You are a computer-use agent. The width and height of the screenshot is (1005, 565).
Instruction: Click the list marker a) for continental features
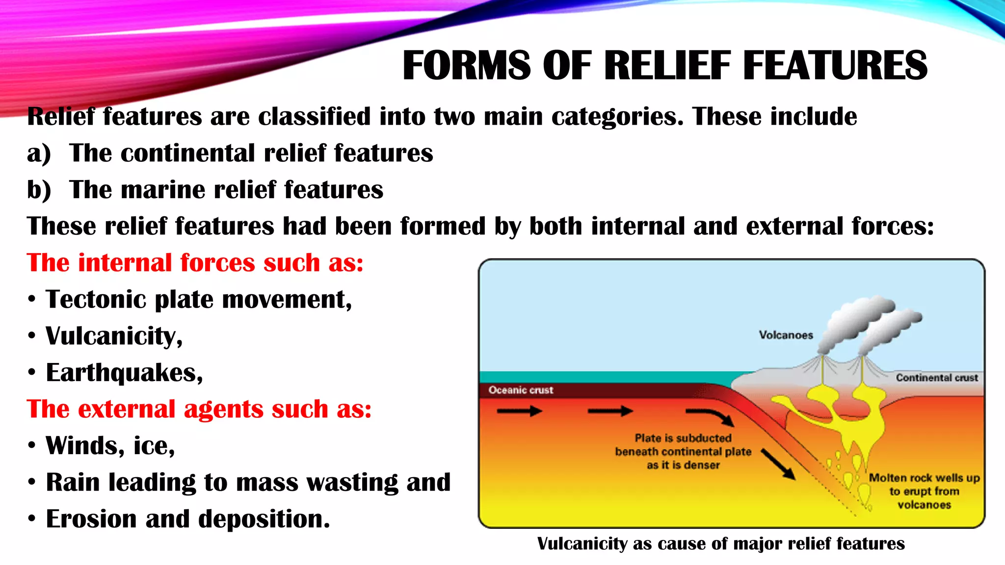click(39, 154)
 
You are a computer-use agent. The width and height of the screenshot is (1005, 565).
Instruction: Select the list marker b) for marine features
click(39, 190)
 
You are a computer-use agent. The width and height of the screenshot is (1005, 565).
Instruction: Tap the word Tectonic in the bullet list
click(96, 299)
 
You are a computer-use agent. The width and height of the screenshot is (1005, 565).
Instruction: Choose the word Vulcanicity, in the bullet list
click(114, 336)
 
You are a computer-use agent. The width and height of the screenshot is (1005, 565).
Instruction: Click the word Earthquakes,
click(124, 373)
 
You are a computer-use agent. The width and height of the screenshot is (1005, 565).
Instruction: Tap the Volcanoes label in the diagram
click(786, 335)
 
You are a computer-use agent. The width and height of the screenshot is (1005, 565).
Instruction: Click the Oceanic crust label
click(521, 390)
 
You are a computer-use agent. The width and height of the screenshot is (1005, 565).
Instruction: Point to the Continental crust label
click(937, 378)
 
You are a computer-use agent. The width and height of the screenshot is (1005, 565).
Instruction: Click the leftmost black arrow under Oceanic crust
click(519, 411)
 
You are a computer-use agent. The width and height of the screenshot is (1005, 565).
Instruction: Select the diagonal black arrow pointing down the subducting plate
click(778, 464)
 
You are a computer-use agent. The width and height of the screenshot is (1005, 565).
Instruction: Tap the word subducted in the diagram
click(703, 438)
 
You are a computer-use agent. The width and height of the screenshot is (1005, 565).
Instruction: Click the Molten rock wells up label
click(925, 478)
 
